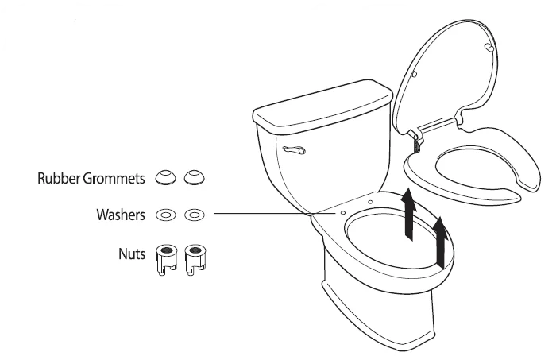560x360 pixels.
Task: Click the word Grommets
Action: pyautogui.click(x=114, y=177)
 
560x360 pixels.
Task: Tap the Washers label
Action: pyautogui.click(x=116, y=215)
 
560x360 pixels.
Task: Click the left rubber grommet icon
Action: pyautogui.click(x=164, y=176)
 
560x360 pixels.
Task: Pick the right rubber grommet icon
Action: pyautogui.click(x=192, y=176)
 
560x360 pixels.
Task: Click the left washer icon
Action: pyautogui.click(x=165, y=215)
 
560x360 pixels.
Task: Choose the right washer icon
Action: pyautogui.click(x=192, y=215)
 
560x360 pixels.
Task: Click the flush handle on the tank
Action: pyautogui.click(x=293, y=149)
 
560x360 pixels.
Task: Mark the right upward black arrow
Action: pyautogui.click(x=442, y=241)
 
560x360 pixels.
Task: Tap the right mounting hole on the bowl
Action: pyautogui.click(x=371, y=201)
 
